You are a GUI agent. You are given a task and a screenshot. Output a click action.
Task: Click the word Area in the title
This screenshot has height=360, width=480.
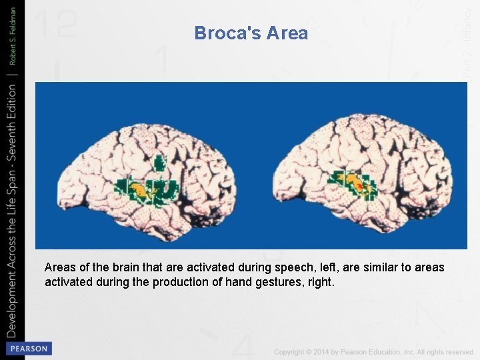tap(287, 33)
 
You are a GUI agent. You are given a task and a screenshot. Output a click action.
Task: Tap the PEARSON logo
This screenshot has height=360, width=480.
tap(27, 349)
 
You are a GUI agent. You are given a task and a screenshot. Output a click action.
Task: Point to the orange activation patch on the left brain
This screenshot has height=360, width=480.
tap(140, 191)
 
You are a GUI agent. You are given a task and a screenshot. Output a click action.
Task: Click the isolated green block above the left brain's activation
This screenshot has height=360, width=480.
tap(159, 162)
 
